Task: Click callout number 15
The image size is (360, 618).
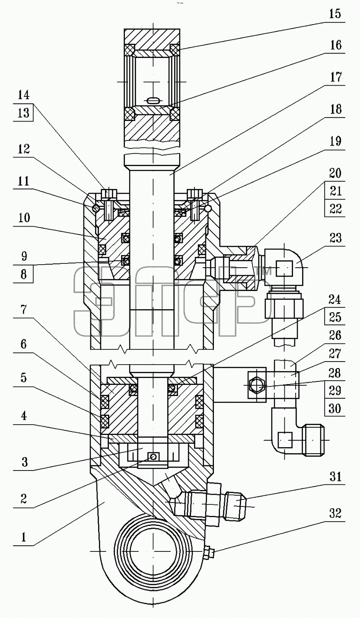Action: pos(335,14)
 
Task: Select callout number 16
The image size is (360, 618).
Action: pos(335,45)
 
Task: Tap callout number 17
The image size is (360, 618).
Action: pos(335,77)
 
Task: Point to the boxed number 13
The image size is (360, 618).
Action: pos(23,113)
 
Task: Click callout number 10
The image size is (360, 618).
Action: pos(23,218)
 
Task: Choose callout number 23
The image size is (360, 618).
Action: pos(335,238)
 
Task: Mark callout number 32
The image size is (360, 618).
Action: pos(335,514)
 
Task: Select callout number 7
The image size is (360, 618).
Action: pos(24,310)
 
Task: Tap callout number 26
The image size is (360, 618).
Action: pos(335,336)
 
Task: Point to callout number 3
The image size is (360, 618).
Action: pos(24,461)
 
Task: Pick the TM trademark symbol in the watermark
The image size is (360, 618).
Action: pos(263,271)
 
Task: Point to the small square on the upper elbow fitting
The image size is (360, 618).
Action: pos(284,268)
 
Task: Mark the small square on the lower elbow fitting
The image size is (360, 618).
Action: pos(284,440)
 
